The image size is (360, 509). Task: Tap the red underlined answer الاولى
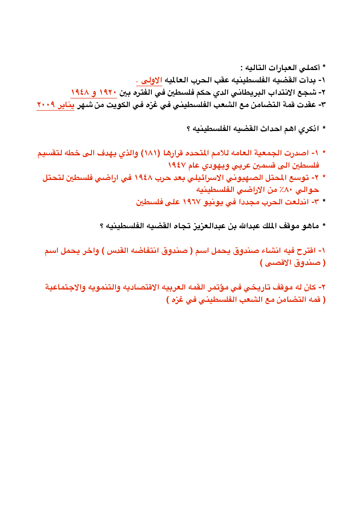151,80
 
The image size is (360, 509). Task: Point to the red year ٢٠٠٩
46,105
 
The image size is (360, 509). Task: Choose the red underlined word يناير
66,105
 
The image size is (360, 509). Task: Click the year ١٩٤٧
177,165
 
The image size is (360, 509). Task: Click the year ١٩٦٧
192,202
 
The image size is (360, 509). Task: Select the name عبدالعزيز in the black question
210,226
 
